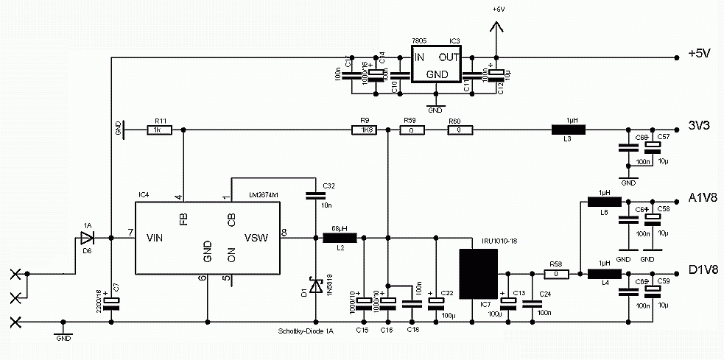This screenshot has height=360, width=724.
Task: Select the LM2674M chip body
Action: (x=207, y=238)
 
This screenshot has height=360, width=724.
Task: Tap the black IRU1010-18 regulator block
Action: (x=478, y=273)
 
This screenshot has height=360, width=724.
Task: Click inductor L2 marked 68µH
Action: (x=340, y=238)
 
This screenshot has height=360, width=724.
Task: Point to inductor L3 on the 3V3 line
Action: (x=569, y=130)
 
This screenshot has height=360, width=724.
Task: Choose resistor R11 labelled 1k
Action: (x=159, y=130)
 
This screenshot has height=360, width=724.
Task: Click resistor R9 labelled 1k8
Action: (x=363, y=130)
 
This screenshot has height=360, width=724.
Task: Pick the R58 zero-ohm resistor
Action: (x=555, y=275)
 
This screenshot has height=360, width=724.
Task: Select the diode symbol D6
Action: (x=88, y=238)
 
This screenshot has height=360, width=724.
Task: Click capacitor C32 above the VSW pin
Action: (x=316, y=196)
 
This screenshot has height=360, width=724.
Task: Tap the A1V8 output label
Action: (x=702, y=198)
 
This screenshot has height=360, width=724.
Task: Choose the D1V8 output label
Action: (x=702, y=270)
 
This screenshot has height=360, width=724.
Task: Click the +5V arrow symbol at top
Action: (x=497, y=28)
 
